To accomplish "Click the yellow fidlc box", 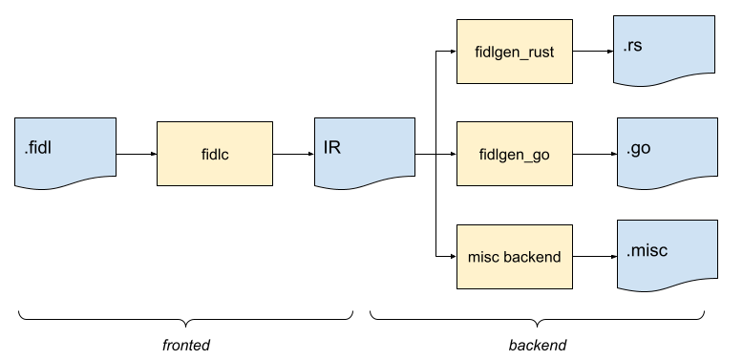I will [x=214, y=153].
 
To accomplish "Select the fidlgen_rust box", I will [x=514, y=52].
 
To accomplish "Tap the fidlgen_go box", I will [x=514, y=153].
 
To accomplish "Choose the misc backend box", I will [x=514, y=257].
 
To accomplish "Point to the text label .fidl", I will [x=40, y=149].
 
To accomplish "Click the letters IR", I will [x=332, y=148].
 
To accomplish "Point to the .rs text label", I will [x=633, y=45].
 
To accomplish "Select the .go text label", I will [x=639, y=148].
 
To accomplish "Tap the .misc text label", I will [x=647, y=251].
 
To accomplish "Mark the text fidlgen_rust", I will [x=514, y=52].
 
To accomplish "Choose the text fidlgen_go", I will [x=514, y=153].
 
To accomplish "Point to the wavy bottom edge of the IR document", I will [x=365, y=180].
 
